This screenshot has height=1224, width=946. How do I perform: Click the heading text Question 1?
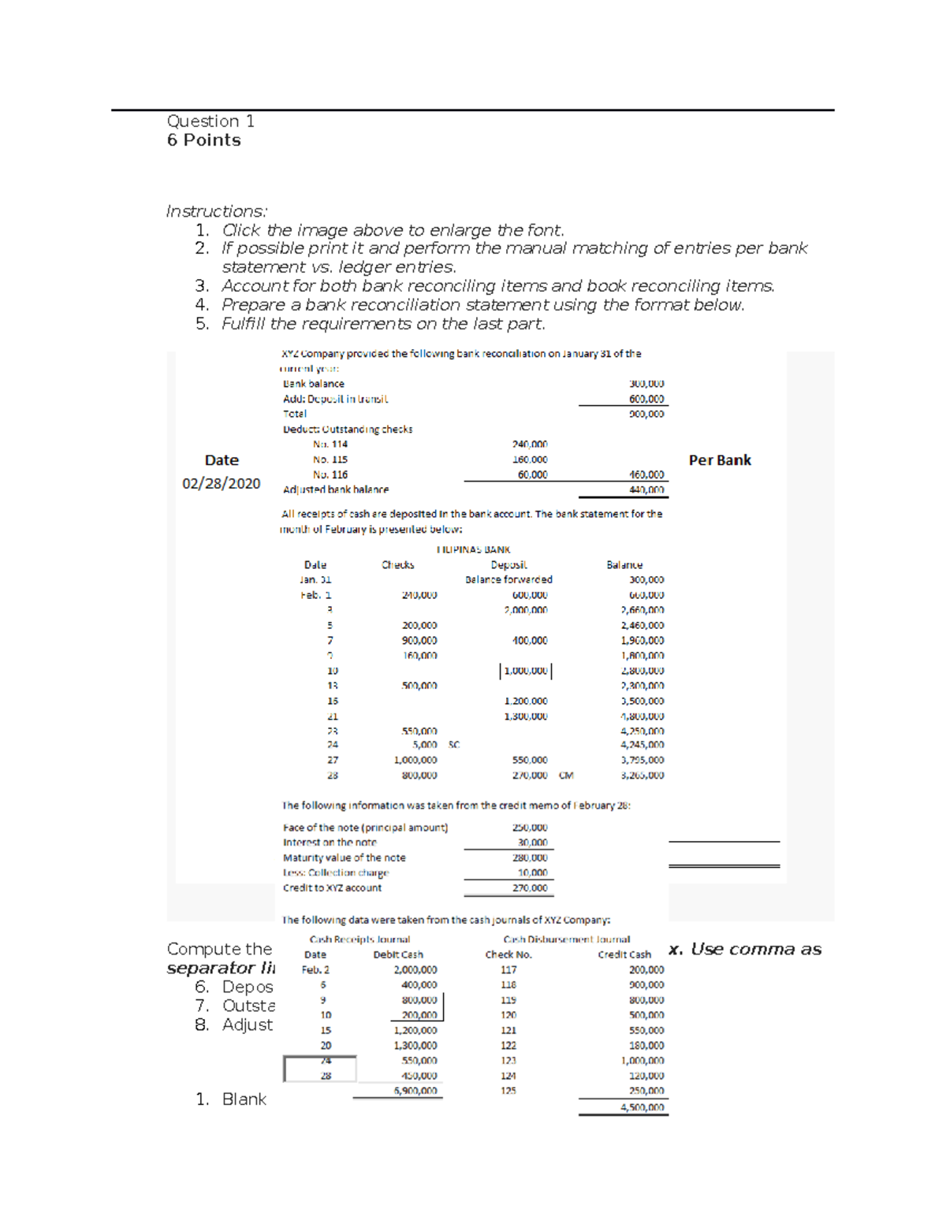coord(210,121)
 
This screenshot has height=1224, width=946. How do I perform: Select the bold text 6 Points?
coord(203,140)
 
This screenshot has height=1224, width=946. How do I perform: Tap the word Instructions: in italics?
coord(216,211)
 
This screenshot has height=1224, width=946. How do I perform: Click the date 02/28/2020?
coord(221,483)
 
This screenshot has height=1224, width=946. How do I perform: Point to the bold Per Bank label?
coord(719,460)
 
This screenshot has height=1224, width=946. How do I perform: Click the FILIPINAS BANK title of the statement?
coord(473,549)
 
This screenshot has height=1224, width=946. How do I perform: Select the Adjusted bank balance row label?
coord(335,489)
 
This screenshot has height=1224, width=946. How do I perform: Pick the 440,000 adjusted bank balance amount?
coord(646,489)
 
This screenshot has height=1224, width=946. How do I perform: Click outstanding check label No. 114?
coord(330,445)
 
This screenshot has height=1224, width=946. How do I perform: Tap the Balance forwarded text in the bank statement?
coord(508,579)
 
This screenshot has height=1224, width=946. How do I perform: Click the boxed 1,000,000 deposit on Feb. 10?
coord(526,671)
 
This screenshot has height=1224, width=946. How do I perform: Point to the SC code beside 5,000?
coord(454,745)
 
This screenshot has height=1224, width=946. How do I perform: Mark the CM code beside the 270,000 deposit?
coord(566,776)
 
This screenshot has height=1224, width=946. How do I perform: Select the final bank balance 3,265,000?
coord(642,776)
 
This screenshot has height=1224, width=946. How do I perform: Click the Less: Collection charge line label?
coord(336,872)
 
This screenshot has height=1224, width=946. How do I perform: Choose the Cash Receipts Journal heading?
coord(359,939)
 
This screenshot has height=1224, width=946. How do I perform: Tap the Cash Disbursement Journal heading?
coord(566,939)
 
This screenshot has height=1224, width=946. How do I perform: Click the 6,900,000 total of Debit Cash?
coord(415,1091)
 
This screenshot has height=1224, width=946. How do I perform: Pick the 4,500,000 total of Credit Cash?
coord(642,1107)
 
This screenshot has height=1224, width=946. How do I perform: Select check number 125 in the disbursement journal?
coord(508,1091)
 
